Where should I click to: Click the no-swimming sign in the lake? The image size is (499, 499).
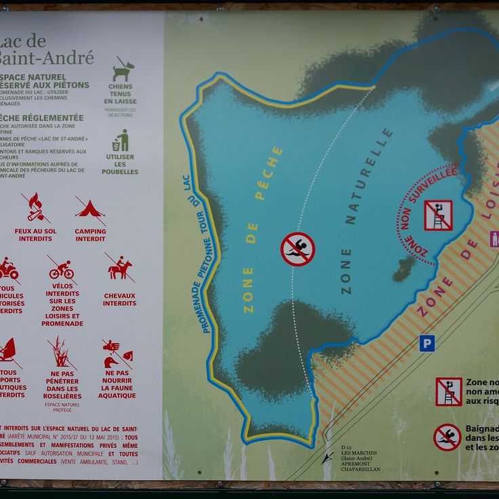[x=298, y=249]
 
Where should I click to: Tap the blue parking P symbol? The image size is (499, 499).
[x=426, y=343]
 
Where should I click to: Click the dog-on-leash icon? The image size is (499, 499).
[x=122, y=71]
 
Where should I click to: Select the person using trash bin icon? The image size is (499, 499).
[x=121, y=140]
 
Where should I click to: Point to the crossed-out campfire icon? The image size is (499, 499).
[x=35, y=208]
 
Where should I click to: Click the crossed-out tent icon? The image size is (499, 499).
[x=90, y=209]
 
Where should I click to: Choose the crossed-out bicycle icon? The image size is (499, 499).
[x=61, y=269]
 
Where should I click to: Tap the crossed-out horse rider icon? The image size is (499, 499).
[x=119, y=268]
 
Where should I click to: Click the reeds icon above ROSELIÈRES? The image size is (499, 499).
[x=62, y=353]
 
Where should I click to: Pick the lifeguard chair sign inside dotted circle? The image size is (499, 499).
[x=438, y=215]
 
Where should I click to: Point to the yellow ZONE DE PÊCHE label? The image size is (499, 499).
[x=263, y=231]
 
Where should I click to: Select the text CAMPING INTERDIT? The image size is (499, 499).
[x=90, y=235]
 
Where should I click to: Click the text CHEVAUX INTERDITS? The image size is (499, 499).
[x=119, y=299]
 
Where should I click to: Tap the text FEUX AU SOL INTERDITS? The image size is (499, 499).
[x=35, y=235]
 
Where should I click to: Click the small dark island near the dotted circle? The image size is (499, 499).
[x=404, y=268]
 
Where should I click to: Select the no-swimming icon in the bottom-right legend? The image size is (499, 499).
[x=447, y=437]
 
